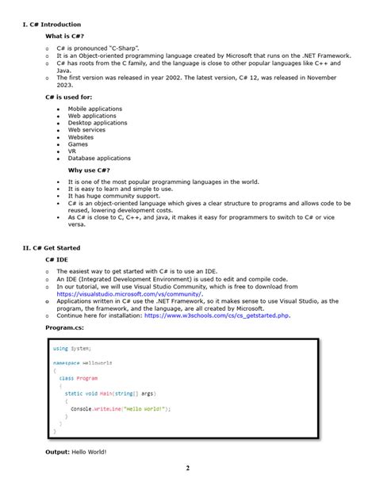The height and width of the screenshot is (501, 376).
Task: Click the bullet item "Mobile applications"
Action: [x=96, y=109]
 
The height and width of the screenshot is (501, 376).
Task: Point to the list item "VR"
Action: [x=72, y=151]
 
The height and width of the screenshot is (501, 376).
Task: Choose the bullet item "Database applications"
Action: [x=99, y=159]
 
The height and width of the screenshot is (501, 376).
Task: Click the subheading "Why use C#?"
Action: [x=89, y=170]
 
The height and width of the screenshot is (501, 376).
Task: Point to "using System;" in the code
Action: [x=72, y=348]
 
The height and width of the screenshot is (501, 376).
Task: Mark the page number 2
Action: [x=188, y=468]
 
